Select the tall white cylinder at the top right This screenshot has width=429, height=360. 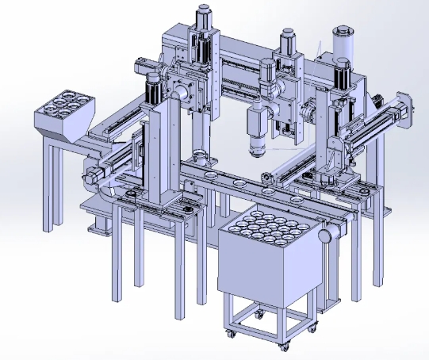coord(343,41)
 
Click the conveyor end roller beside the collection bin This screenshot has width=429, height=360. coord(326,236)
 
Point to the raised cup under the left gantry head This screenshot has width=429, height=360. coord(201,155)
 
